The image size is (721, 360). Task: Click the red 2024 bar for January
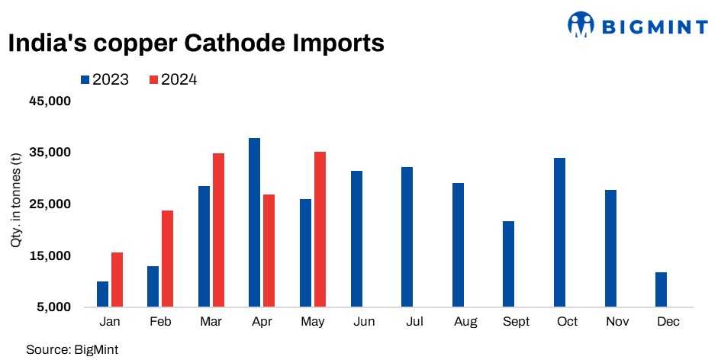click(117, 279)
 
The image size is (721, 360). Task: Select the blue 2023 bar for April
click(254, 223)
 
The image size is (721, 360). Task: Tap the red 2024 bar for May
click(320, 229)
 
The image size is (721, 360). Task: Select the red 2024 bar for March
click(218, 230)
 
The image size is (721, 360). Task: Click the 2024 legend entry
click(173, 79)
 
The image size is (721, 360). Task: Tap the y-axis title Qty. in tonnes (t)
click(16, 200)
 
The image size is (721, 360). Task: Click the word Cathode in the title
click(237, 44)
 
